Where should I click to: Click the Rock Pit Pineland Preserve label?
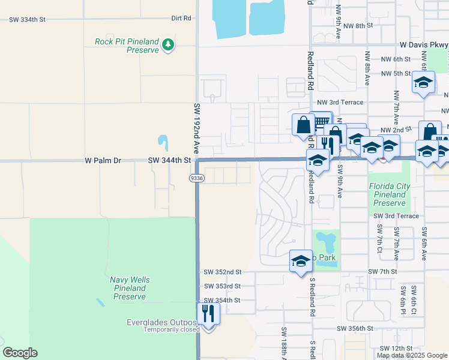(x=127, y=46)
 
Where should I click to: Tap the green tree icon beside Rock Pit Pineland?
(x=169, y=44)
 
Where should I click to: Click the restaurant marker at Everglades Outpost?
(x=208, y=314)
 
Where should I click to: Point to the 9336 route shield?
(x=196, y=178)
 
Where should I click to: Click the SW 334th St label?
(x=27, y=20)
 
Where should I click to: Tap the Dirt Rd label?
(x=181, y=19)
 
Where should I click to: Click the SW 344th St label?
(x=169, y=161)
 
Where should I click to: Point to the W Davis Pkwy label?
(x=424, y=44)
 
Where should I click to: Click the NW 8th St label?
(x=362, y=26)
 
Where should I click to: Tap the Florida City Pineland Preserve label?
(x=390, y=195)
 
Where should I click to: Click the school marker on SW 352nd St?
(x=301, y=261)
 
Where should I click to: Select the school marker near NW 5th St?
(x=423, y=82)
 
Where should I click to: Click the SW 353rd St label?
(x=222, y=286)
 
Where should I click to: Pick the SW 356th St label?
(x=355, y=329)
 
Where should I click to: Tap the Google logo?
(x=20, y=353)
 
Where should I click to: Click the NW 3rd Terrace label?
(x=340, y=102)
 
